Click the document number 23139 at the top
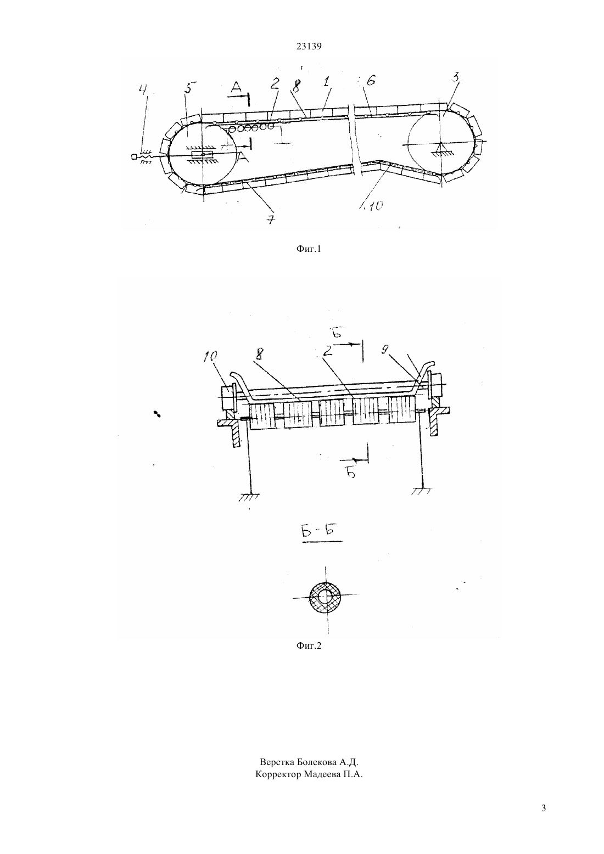click(x=309, y=47)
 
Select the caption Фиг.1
click(x=309, y=249)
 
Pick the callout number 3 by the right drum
click(x=455, y=78)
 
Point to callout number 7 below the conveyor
click(x=271, y=220)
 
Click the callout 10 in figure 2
click(x=210, y=356)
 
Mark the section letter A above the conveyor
click(x=237, y=88)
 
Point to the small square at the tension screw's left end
click(x=134, y=156)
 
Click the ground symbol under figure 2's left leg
click(x=249, y=496)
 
